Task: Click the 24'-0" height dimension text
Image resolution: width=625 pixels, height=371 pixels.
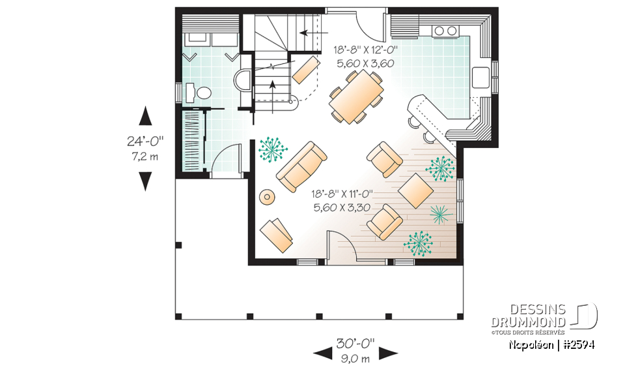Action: (145, 141)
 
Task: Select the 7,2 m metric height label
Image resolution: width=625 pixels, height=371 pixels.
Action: (145, 156)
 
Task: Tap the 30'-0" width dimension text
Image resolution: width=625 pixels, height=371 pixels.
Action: (355, 344)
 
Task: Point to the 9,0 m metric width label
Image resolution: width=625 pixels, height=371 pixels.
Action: (355, 358)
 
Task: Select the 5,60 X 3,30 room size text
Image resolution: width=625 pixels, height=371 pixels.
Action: (342, 208)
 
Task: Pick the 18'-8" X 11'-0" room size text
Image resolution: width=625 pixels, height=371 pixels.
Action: (342, 194)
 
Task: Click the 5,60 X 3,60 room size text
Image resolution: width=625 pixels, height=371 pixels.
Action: (365, 64)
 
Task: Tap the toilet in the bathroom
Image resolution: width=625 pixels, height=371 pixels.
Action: (199, 93)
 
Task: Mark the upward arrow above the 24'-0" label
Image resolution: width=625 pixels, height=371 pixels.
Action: (145, 117)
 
